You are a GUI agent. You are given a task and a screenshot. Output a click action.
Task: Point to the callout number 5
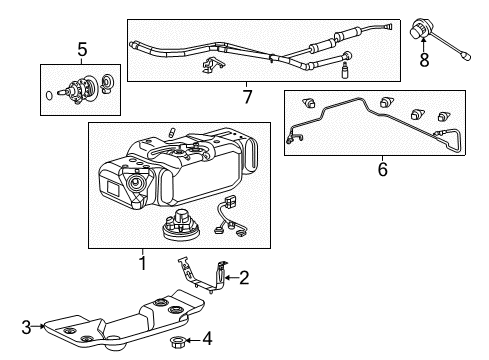coord(82,47)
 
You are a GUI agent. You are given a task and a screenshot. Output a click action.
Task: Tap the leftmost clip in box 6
coord(309,102)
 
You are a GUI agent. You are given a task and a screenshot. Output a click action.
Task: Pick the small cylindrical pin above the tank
coord(174,133)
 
